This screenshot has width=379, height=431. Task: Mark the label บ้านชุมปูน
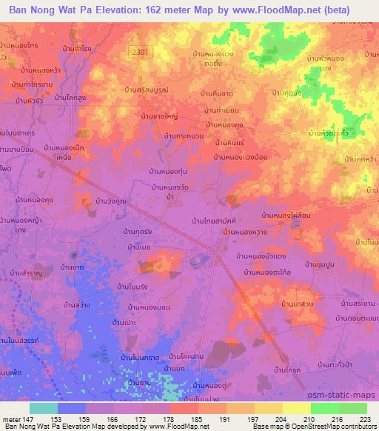[315, 264]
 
